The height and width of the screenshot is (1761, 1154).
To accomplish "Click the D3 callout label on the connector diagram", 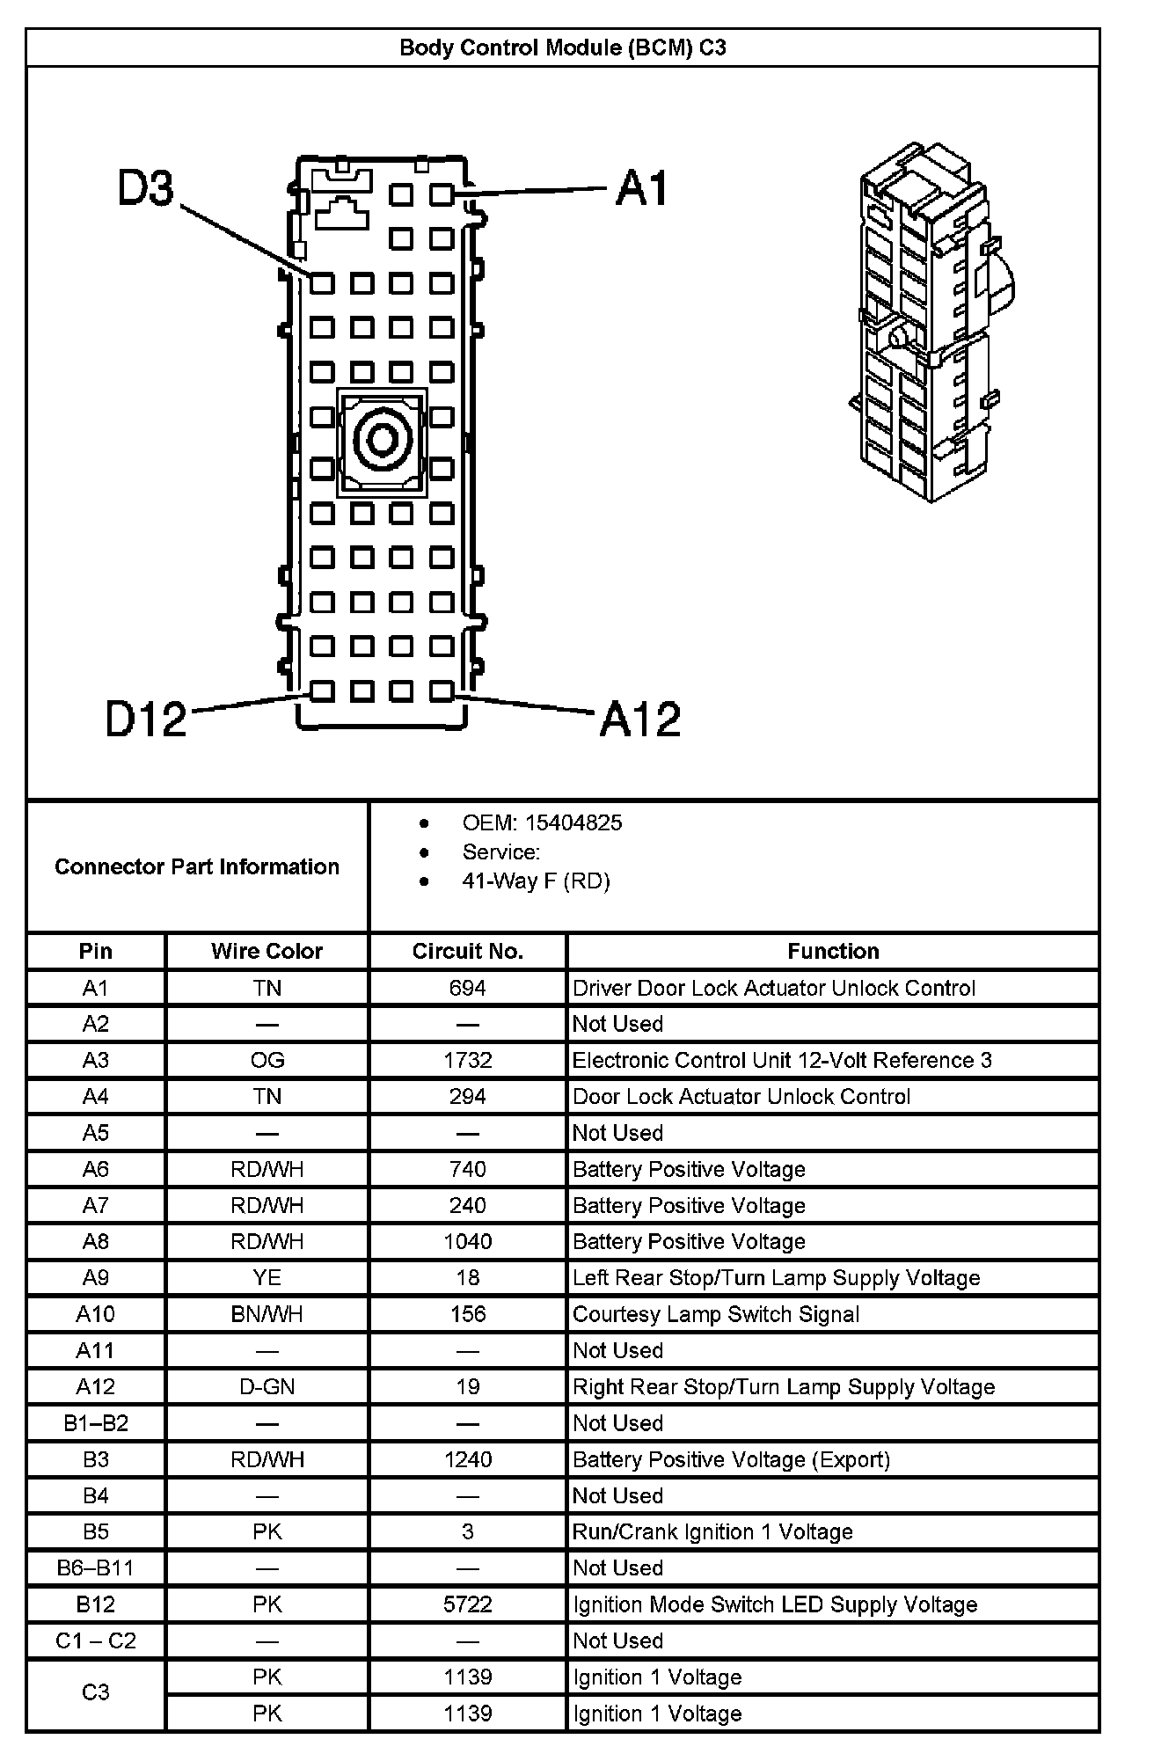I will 146,189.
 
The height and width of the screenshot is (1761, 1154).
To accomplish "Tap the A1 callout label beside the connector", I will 641,188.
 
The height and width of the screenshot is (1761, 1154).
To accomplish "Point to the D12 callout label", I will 146,719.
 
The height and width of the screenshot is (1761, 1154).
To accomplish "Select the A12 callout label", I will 639,719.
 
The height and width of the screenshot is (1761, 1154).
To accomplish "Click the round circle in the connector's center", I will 382,439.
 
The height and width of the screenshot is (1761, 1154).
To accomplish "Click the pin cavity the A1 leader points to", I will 442,194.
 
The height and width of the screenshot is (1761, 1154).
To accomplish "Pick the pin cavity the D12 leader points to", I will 322,691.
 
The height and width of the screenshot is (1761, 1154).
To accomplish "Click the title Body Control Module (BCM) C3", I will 563,47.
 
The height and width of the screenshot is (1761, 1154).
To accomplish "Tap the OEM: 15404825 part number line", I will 542,823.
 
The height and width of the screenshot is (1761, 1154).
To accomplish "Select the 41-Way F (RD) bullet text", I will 536,881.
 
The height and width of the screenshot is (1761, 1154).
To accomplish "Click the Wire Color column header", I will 267,952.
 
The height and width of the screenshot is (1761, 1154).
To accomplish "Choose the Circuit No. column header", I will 467,952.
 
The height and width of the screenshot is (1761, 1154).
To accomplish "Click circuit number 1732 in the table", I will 467,1061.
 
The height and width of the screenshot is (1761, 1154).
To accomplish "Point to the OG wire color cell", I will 267,1061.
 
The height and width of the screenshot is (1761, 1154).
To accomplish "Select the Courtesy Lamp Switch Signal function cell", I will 716,1315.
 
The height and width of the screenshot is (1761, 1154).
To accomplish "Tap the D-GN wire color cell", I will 267,1387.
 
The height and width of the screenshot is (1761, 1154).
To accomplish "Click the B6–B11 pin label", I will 95,1568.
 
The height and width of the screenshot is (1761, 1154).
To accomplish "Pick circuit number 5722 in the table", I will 467,1605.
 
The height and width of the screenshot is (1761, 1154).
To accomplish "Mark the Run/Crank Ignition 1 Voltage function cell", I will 712,1532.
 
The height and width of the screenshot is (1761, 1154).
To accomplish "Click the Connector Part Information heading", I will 197,867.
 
